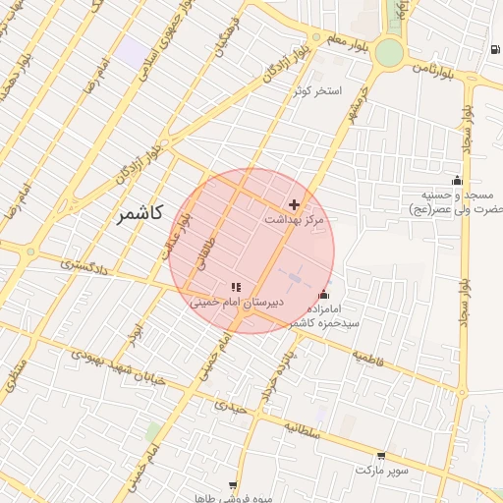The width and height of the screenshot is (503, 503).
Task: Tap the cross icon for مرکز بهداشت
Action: point(295,203)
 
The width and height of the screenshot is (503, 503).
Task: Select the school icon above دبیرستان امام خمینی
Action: point(236,286)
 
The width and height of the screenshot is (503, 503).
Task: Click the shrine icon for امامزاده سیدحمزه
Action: point(324,294)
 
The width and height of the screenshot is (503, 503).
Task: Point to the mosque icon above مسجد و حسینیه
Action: point(456,180)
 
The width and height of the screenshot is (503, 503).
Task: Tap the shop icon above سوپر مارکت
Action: point(380,456)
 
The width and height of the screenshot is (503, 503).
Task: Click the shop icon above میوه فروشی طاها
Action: point(232,484)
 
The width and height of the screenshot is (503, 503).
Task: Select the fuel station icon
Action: point(492,49)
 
